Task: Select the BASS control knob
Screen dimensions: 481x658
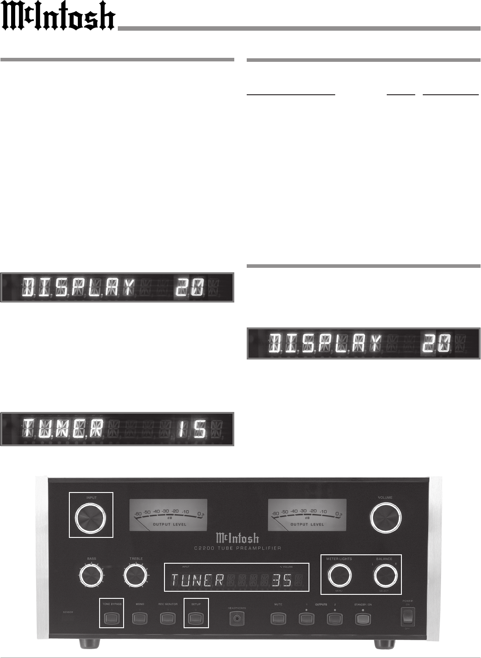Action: [x=91, y=577]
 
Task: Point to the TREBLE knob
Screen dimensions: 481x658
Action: [x=136, y=577]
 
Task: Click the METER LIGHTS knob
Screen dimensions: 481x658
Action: [x=339, y=576]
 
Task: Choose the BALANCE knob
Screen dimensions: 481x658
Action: [x=385, y=576]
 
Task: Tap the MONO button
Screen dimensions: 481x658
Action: [x=140, y=618]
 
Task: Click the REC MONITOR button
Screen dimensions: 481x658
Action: [x=168, y=618]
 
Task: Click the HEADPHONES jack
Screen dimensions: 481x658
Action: [x=236, y=619]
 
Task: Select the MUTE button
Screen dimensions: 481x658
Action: [x=278, y=618]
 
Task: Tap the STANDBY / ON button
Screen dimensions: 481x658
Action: [x=363, y=619]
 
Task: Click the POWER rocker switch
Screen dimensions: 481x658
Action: [x=408, y=617]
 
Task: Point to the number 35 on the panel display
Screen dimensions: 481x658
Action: [x=282, y=580]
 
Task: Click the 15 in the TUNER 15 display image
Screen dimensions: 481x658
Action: [x=192, y=429]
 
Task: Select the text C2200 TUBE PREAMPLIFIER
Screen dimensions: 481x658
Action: [x=237, y=548]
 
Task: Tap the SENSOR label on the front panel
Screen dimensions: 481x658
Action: [x=68, y=612]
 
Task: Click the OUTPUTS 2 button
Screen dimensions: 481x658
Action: [x=335, y=618]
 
